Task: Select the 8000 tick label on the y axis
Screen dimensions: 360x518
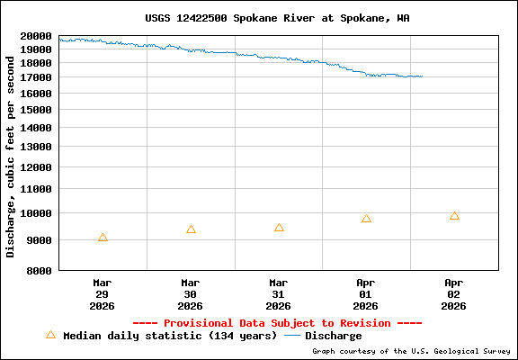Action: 39,270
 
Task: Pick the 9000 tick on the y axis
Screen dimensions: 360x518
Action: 39,240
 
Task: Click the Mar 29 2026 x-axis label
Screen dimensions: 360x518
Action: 103,293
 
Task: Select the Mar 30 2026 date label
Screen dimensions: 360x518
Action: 191,293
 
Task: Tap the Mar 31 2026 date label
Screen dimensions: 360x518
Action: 279,293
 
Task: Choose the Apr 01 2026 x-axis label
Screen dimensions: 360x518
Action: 366,293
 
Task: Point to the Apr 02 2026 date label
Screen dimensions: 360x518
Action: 454,293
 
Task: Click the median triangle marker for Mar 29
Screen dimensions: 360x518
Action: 103,238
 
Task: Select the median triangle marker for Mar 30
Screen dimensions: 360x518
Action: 191,229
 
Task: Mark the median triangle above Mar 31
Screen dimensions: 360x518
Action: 279,228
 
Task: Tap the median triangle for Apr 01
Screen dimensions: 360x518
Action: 366,219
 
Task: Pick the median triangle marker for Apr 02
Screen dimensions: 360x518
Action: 454,216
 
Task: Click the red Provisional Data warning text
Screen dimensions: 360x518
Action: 277,322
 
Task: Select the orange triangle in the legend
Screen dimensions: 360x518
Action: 50,335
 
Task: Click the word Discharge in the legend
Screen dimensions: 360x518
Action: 334,336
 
